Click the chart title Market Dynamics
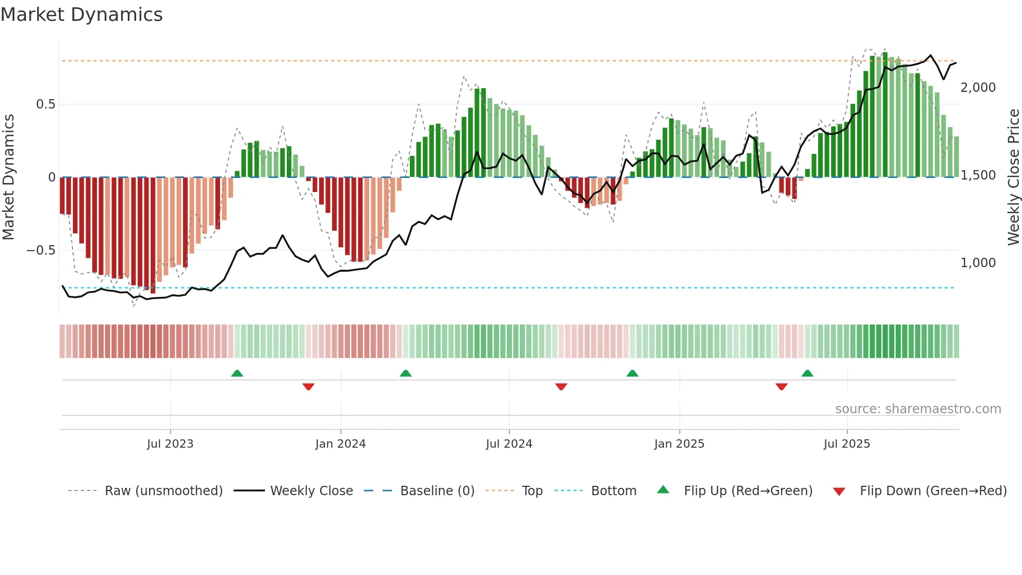81,15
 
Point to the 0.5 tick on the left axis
45,104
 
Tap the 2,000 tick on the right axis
978,88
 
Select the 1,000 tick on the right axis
978,263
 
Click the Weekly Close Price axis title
1013,177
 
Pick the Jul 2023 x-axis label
170,444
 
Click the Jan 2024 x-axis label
340,444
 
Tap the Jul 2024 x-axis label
509,444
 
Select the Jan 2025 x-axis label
679,444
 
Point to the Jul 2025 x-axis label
847,444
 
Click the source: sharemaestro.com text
918,409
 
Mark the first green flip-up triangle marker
237,373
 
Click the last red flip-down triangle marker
781,387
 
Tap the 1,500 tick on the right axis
978,175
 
